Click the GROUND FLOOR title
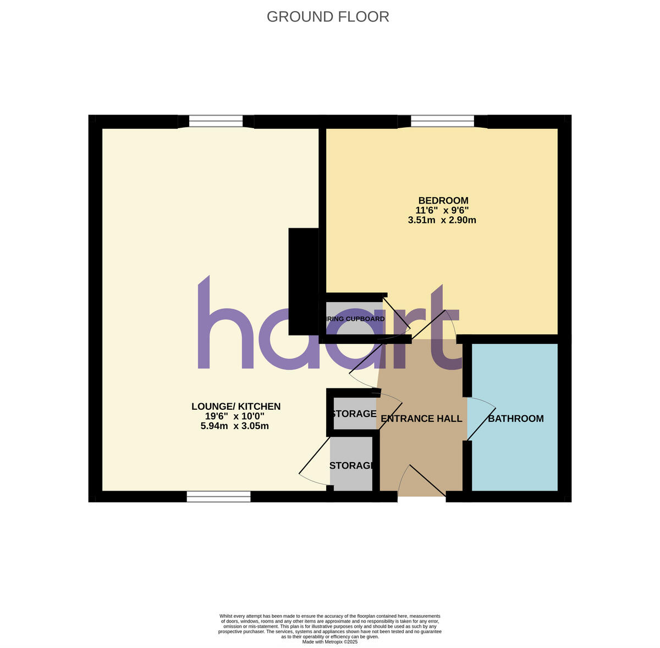click(x=328, y=17)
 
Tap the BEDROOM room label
click(x=443, y=200)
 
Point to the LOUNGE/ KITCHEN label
click(x=236, y=407)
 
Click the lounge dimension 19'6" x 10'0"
click(x=236, y=416)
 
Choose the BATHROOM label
click(x=516, y=419)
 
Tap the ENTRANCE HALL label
click(x=421, y=419)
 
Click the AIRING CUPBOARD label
click(x=355, y=319)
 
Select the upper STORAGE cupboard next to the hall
click(x=354, y=414)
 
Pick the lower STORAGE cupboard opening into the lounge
click(x=352, y=465)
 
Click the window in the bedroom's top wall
click(x=442, y=121)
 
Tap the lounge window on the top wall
click(x=216, y=121)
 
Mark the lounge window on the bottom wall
click(x=218, y=497)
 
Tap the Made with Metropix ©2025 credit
click(x=330, y=641)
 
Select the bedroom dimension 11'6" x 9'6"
click(x=442, y=210)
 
